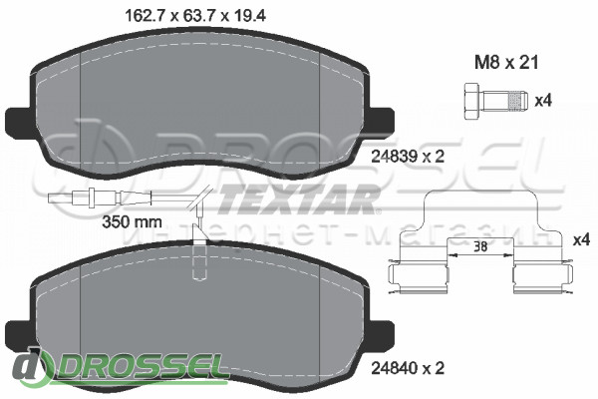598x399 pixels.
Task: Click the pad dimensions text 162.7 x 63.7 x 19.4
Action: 195,16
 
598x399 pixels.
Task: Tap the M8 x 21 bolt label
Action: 506,63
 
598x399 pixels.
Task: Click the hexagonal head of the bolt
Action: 471,102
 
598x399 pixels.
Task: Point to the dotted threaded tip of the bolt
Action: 518,102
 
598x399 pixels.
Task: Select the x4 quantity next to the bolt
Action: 543,101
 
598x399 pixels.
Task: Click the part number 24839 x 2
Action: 408,157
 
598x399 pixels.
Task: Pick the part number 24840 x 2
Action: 408,368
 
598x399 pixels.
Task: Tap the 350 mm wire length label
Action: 133,221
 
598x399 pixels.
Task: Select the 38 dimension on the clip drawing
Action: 480,247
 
